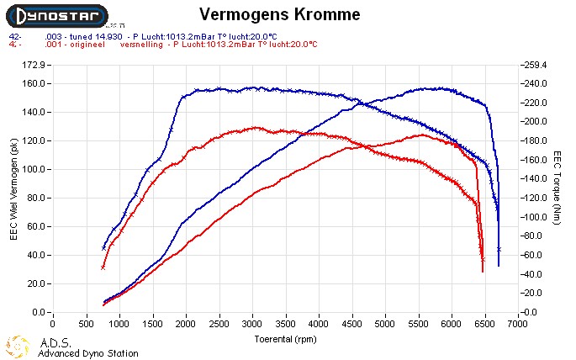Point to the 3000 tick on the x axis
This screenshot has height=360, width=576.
252,322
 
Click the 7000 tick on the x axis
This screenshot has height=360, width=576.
519,322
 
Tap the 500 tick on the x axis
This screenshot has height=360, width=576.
86,322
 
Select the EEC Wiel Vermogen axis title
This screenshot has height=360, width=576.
13,188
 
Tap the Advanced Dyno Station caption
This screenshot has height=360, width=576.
87,353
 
